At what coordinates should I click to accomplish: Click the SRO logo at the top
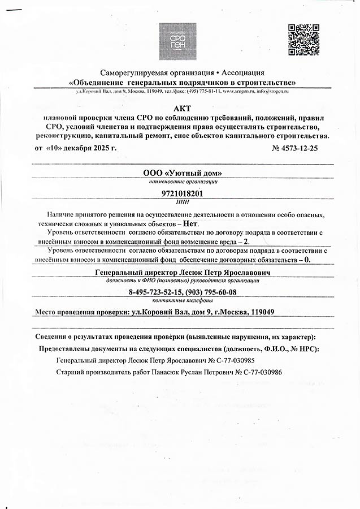click(177, 41)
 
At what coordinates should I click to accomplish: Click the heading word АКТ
click(179, 107)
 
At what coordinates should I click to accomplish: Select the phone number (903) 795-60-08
click(210, 292)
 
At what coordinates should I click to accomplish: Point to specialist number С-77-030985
click(249, 360)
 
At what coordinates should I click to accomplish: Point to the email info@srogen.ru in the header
click(274, 91)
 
